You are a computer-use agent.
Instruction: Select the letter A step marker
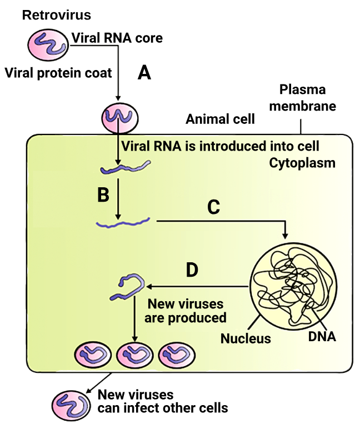click(144, 73)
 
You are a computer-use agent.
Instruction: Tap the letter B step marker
click(103, 194)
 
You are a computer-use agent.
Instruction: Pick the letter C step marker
click(213, 207)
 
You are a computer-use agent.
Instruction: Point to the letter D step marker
click(192, 271)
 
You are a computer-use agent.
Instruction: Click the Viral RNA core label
click(117, 38)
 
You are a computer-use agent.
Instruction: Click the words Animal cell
click(220, 119)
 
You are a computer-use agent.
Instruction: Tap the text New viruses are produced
click(185, 311)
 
